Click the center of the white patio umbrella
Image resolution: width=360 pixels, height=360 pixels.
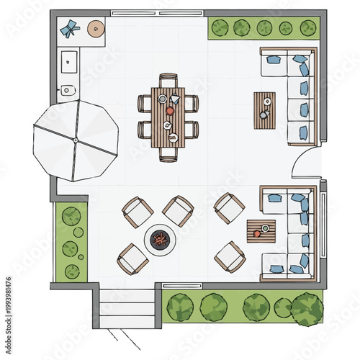point(75,140)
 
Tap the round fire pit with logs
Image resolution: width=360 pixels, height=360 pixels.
point(159,238)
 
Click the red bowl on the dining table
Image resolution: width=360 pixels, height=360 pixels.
point(171,111)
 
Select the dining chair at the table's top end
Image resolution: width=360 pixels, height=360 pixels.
point(168,80)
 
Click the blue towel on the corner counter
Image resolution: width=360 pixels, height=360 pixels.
point(69,29)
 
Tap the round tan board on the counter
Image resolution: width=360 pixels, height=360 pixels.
point(96,29)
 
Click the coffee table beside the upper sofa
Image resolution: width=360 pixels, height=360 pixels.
point(264,110)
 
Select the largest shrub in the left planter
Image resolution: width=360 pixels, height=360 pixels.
point(71,215)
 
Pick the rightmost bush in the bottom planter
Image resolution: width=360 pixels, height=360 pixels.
point(307,308)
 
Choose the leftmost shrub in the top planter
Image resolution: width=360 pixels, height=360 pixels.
point(220,28)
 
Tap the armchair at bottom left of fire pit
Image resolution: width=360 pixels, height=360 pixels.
point(133,258)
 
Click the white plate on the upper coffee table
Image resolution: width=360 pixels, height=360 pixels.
point(267,101)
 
